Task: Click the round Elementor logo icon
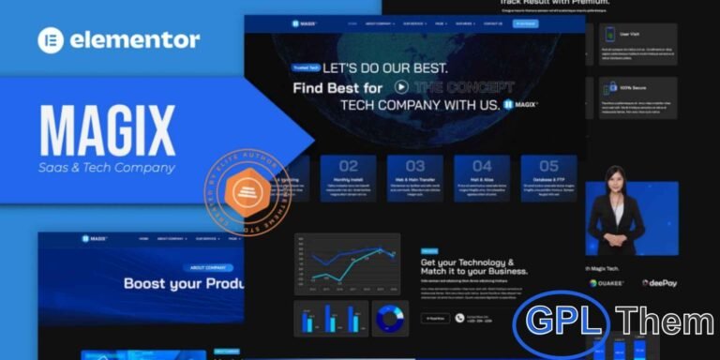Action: (x=51, y=40)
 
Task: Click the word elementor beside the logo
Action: (x=133, y=40)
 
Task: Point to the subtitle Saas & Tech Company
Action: (x=108, y=168)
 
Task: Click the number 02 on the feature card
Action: (x=348, y=166)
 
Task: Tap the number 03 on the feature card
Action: (x=414, y=166)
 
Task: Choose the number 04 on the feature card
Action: (x=482, y=166)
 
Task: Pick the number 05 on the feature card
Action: (x=548, y=166)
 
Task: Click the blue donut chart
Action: (x=389, y=319)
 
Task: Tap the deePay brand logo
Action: (x=660, y=282)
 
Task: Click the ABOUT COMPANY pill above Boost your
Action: (x=207, y=267)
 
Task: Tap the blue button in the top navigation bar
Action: (x=525, y=23)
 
